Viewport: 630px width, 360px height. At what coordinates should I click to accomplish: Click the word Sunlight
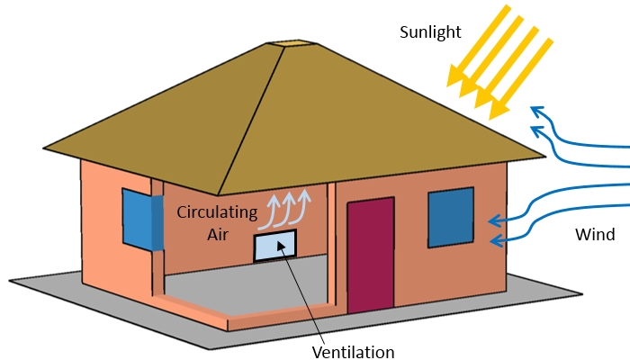[x=430, y=32]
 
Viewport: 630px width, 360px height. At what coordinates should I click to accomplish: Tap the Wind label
[x=596, y=235]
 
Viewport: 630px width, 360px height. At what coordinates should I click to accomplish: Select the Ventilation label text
[x=353, y=351]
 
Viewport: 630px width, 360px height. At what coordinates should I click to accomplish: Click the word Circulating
[x=217, y=213]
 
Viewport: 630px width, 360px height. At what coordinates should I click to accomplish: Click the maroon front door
[x=370, y=256]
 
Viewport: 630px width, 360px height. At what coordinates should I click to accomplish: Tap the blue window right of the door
[x=450, y=217]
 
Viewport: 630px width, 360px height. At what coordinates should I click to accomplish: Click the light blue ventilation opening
[x=274, y=246]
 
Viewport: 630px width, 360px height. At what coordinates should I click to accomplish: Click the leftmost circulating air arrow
[x=274, y=209]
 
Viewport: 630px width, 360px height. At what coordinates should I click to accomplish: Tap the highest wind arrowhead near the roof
[x=536, y=111]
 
